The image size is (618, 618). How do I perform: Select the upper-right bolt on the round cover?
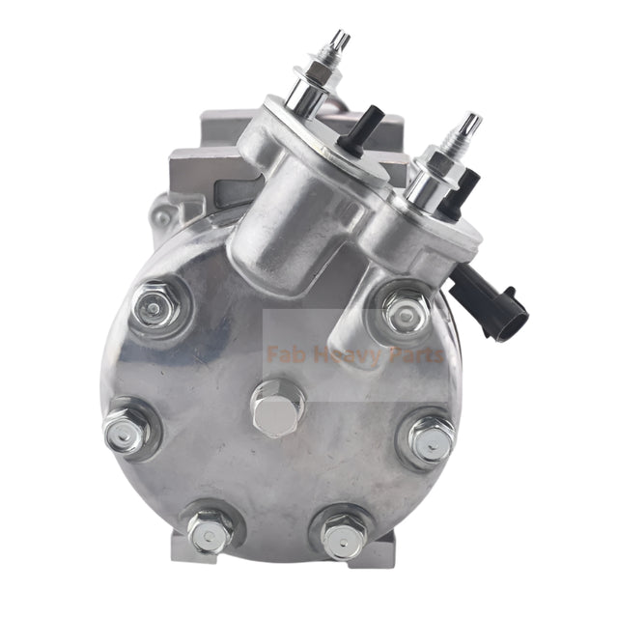click(407, 310)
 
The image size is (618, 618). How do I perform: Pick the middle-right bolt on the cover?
click(429, 439)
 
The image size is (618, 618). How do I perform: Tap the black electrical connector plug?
click(507, 311)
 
